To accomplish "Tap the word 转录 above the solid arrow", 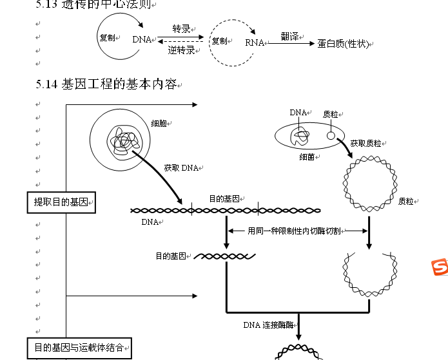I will [x=181, y=29].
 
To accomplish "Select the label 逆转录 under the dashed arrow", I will [x=181, y=50].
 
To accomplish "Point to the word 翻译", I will [x=289, y=37].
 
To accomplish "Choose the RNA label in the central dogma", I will [x=255, y=43].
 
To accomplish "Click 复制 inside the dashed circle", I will [x=219, y=41].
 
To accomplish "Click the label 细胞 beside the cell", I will [x=160, y=122].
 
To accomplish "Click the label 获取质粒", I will [x=365, y=143].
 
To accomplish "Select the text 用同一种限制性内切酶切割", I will [x=294, y=231].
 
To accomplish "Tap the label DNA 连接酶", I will [x=268, y=325].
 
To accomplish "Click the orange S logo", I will [x=439, y=267].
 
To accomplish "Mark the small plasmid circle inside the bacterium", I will [x=331, y=135].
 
